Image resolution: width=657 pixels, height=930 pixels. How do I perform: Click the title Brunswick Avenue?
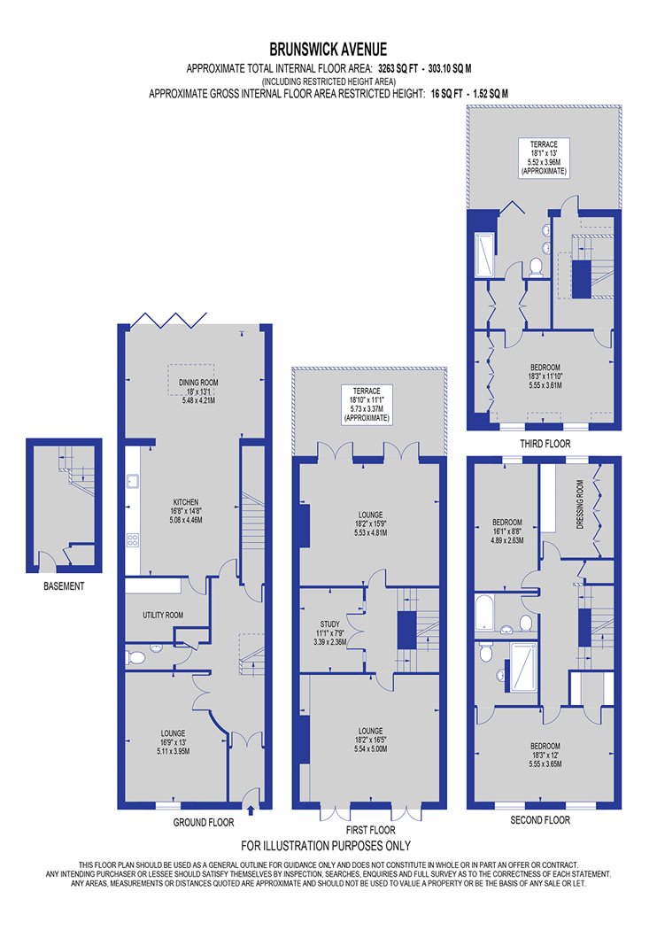(328, 50)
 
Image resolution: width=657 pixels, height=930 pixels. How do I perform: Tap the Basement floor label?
(64, 586)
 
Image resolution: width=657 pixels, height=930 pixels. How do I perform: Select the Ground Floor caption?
(204, 823)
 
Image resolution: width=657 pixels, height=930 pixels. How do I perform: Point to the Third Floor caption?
(545, 444)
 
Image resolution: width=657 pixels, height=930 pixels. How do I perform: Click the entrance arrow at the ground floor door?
(251, 810)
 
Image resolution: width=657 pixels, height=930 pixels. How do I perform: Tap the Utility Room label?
(163, 615)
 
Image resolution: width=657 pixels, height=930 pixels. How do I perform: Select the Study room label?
(330, 624)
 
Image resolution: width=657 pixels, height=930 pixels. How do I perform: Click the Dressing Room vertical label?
(580, 504)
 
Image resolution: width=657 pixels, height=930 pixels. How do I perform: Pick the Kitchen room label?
(186, 502)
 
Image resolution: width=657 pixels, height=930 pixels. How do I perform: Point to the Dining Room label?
(198, 383)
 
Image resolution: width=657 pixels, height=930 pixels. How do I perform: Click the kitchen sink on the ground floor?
(133, 480)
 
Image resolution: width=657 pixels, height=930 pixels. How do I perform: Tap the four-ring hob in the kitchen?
(133, 539)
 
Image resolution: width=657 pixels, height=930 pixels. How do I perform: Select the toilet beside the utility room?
(135, 657)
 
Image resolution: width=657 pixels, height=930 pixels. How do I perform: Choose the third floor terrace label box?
(544, 157)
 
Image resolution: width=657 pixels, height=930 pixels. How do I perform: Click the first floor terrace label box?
(367, 405)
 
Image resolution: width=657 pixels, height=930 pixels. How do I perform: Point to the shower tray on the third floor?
(483, 254)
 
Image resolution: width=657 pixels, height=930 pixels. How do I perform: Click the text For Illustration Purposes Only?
(326, 846)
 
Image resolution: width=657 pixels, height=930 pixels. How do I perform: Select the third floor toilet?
(536, 267)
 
